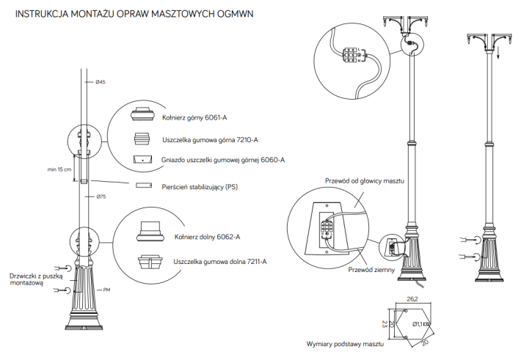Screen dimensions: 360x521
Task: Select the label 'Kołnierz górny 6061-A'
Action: point(194,117)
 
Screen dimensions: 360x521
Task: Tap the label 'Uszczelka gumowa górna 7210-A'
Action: point(210,139)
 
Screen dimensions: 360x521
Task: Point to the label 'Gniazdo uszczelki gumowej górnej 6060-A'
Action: point(222,159)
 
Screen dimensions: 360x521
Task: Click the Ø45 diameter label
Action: point(101,82)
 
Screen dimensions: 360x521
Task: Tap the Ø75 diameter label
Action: point(101,197)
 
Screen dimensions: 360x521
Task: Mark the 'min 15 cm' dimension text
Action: point(59,169)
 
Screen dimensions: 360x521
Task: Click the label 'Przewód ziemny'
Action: point(372,270)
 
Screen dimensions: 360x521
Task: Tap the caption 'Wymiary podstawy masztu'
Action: point(346,343)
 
